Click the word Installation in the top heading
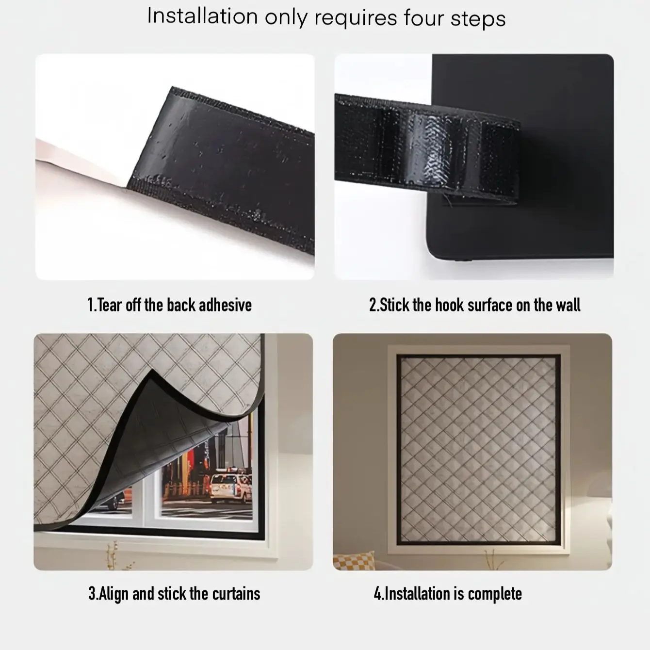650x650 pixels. coord(203,16)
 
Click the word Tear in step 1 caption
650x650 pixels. coord(109,305)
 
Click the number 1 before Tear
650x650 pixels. coord(90,305)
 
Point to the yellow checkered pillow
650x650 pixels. coord(354,560)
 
